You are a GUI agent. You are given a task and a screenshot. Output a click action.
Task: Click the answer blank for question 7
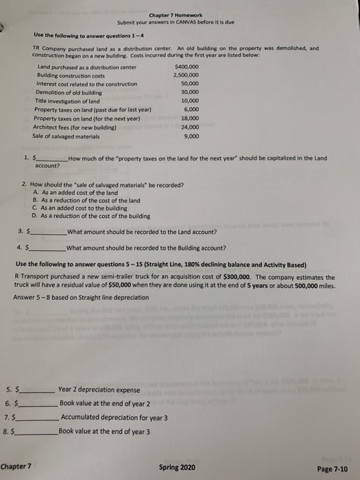38,418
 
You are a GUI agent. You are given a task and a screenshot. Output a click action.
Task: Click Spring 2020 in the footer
176,467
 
